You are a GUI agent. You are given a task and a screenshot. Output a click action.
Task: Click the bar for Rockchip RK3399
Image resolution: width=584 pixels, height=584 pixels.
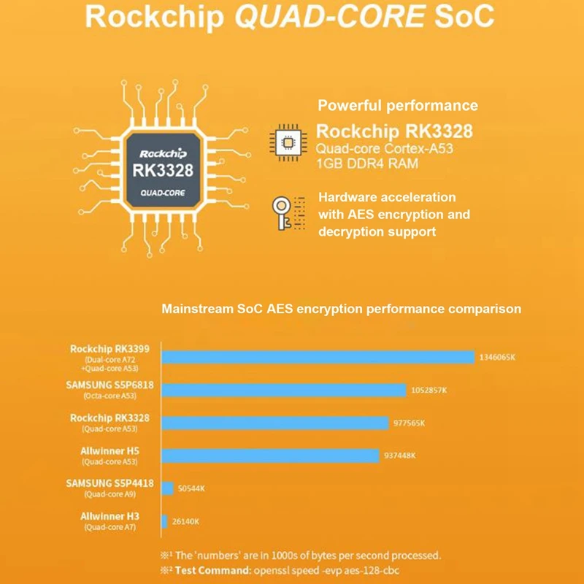pos(318,357)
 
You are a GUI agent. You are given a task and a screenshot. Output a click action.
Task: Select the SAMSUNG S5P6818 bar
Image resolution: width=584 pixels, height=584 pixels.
pos(283,390)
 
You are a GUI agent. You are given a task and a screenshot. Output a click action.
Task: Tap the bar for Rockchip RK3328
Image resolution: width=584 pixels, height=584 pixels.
pos(274,423)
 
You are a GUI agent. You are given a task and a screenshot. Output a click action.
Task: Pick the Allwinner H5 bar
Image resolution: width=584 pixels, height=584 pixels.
pos(271,456)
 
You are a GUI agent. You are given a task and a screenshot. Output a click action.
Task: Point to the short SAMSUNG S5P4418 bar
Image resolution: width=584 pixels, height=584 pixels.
pos(168,488)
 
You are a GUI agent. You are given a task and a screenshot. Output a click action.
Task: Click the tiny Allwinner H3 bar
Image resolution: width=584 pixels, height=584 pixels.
pos(165,521)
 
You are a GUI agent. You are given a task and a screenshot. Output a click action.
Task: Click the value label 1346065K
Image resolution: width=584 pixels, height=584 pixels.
pos(498,358)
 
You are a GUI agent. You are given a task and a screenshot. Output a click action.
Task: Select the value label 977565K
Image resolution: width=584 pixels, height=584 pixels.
pos(409,423)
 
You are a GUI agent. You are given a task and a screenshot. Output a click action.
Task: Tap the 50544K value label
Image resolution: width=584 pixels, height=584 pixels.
pos(191,488)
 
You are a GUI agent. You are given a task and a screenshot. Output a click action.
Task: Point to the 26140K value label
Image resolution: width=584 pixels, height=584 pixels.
pos(185,521)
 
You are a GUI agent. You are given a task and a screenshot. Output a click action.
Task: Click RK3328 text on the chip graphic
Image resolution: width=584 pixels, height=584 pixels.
pos(163,171)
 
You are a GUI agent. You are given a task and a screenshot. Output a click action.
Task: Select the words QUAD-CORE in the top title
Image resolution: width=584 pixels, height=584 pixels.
pos(330,18)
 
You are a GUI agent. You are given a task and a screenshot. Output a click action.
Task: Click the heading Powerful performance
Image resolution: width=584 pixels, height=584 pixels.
pos(398,106)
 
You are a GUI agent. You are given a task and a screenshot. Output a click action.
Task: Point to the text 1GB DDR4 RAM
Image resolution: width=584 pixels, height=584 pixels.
pos(367,164)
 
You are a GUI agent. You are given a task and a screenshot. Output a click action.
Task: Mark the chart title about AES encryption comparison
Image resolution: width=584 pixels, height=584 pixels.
pos(341,309)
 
